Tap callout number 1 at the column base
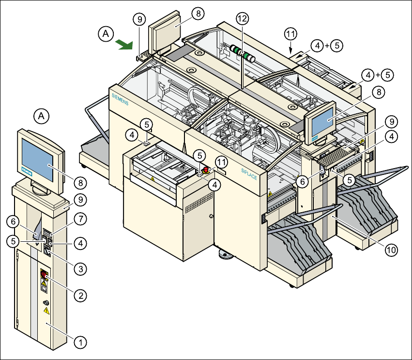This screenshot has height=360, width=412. [80, 342]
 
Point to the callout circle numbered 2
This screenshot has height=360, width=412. [80, 294]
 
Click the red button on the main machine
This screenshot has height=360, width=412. [206, 170]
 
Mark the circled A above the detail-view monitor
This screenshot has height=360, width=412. [42, 116]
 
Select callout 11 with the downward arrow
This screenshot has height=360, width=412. [290, 34]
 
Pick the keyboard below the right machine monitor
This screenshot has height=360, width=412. [341, 156]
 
